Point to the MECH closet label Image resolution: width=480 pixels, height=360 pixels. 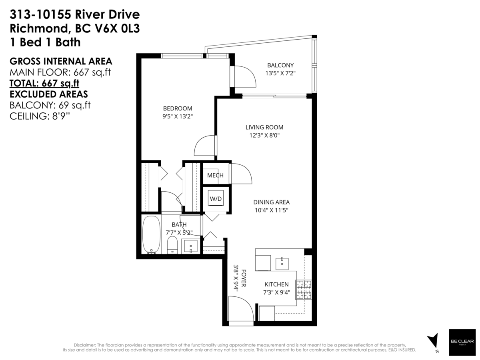tap(215, 176)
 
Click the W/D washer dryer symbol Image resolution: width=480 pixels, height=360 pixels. tap(216, 199)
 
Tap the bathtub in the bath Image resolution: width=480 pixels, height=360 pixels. tap(151, 235)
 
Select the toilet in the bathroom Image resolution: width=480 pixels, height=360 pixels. tap(172, 244)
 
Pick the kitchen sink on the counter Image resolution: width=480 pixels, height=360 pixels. tap(282, 262)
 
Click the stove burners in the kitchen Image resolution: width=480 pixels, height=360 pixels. tap(304, 290)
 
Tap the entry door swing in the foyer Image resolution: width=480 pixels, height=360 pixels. tap(241, 309)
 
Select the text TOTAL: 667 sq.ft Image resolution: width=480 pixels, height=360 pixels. tap(44, 83)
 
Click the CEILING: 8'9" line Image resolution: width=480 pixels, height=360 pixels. tap(39, 116)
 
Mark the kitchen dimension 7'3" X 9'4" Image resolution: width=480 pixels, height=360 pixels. tap(276, 292)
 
